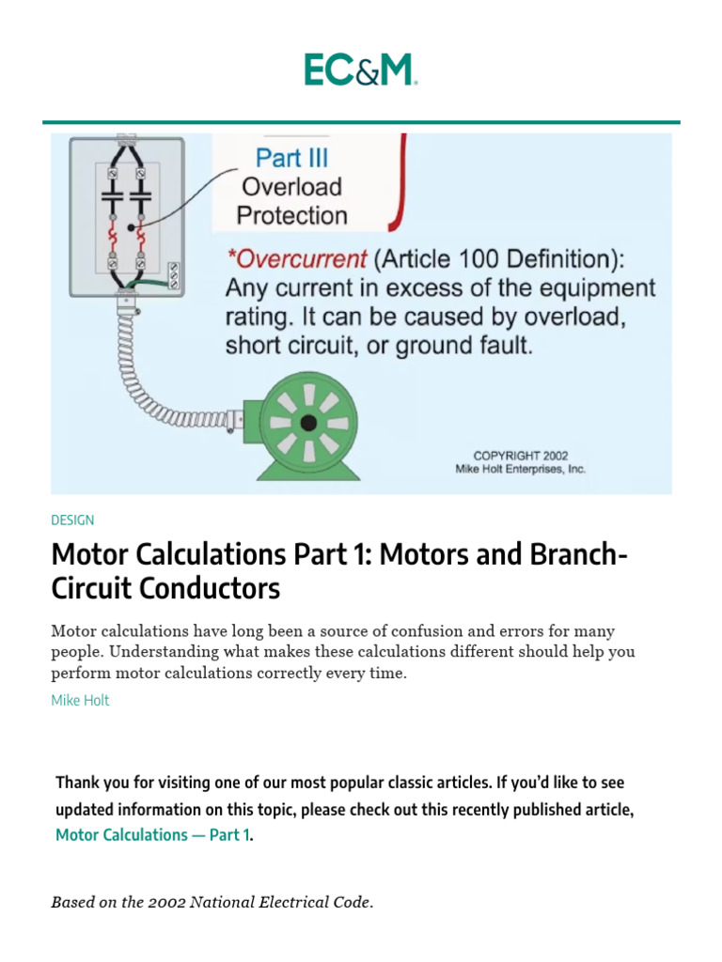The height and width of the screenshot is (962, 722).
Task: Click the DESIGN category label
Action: pos(72,520)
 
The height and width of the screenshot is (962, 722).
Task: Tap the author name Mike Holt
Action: pos(80,700)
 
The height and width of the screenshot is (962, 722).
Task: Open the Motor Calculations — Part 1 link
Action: pos(153,834)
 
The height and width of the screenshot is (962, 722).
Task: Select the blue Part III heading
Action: pos(292,157)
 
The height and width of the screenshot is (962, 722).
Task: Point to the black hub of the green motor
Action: pos(308,424)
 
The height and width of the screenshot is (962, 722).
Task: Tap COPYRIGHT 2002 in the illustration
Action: pos(520,456)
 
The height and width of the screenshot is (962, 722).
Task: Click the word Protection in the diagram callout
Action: pos(291,215)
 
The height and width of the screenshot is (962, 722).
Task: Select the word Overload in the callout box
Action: pos(291,186)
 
